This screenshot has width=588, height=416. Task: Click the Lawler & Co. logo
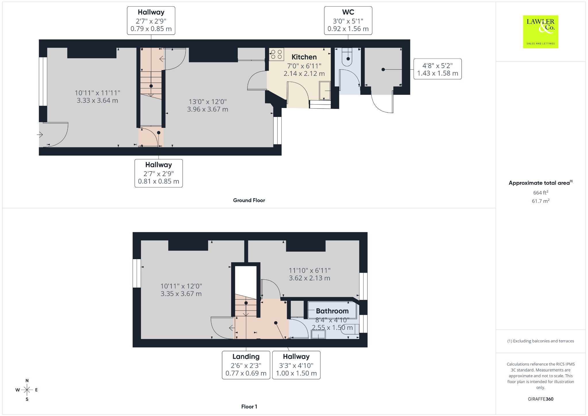[541, 32]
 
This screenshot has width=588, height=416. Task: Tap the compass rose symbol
[27, 390]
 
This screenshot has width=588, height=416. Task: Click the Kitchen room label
[304, 57]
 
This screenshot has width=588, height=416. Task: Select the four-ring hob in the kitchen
[276, 54]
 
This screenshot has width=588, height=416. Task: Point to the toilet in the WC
[348, 57]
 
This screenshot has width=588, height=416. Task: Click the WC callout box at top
[348, 21]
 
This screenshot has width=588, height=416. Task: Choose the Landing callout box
[246, 365]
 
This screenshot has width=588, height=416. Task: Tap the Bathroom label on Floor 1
[332, 311]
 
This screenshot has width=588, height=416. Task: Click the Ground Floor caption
[249, 200]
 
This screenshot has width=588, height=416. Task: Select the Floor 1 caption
[249, 407]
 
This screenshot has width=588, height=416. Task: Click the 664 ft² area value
[541, 192]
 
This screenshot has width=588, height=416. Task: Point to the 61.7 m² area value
[541, 201]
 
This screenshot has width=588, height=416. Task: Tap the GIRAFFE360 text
[541, 399]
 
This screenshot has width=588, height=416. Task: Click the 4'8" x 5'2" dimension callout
[438, 69]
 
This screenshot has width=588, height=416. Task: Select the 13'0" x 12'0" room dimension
[208, 105]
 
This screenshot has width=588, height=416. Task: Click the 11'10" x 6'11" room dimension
[310, 274]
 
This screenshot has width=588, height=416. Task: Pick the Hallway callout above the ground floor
[151, 21]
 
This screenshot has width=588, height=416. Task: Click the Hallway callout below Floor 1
[296, 365]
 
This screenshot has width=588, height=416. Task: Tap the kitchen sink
[325, 91]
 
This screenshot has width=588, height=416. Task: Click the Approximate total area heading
[541, 183]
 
